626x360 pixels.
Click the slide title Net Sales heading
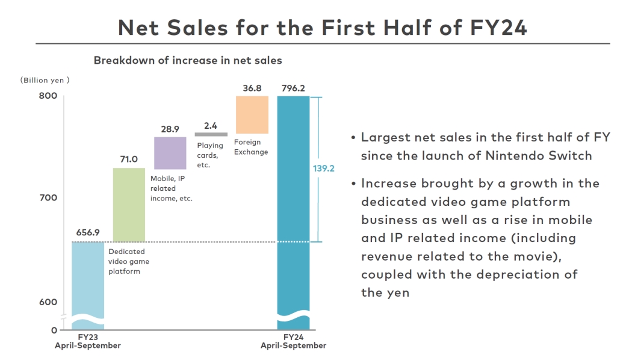pos(322,26)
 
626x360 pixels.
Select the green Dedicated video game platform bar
pos(129,205)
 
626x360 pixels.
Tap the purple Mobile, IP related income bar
pos(170,153)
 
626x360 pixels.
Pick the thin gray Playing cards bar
pos(211,134)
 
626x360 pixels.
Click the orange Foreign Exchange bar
pos(252,114)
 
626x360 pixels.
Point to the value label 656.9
pos(88,232)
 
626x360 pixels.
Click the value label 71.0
pos(129,160)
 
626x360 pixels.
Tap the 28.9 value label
pos(170,129)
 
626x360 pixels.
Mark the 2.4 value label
pos(211,125)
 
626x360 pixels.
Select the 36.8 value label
pos(252,88)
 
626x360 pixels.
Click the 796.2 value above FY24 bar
pos(293,88)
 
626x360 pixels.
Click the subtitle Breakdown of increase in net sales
pos(187,60)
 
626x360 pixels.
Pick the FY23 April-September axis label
pos(88,341)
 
